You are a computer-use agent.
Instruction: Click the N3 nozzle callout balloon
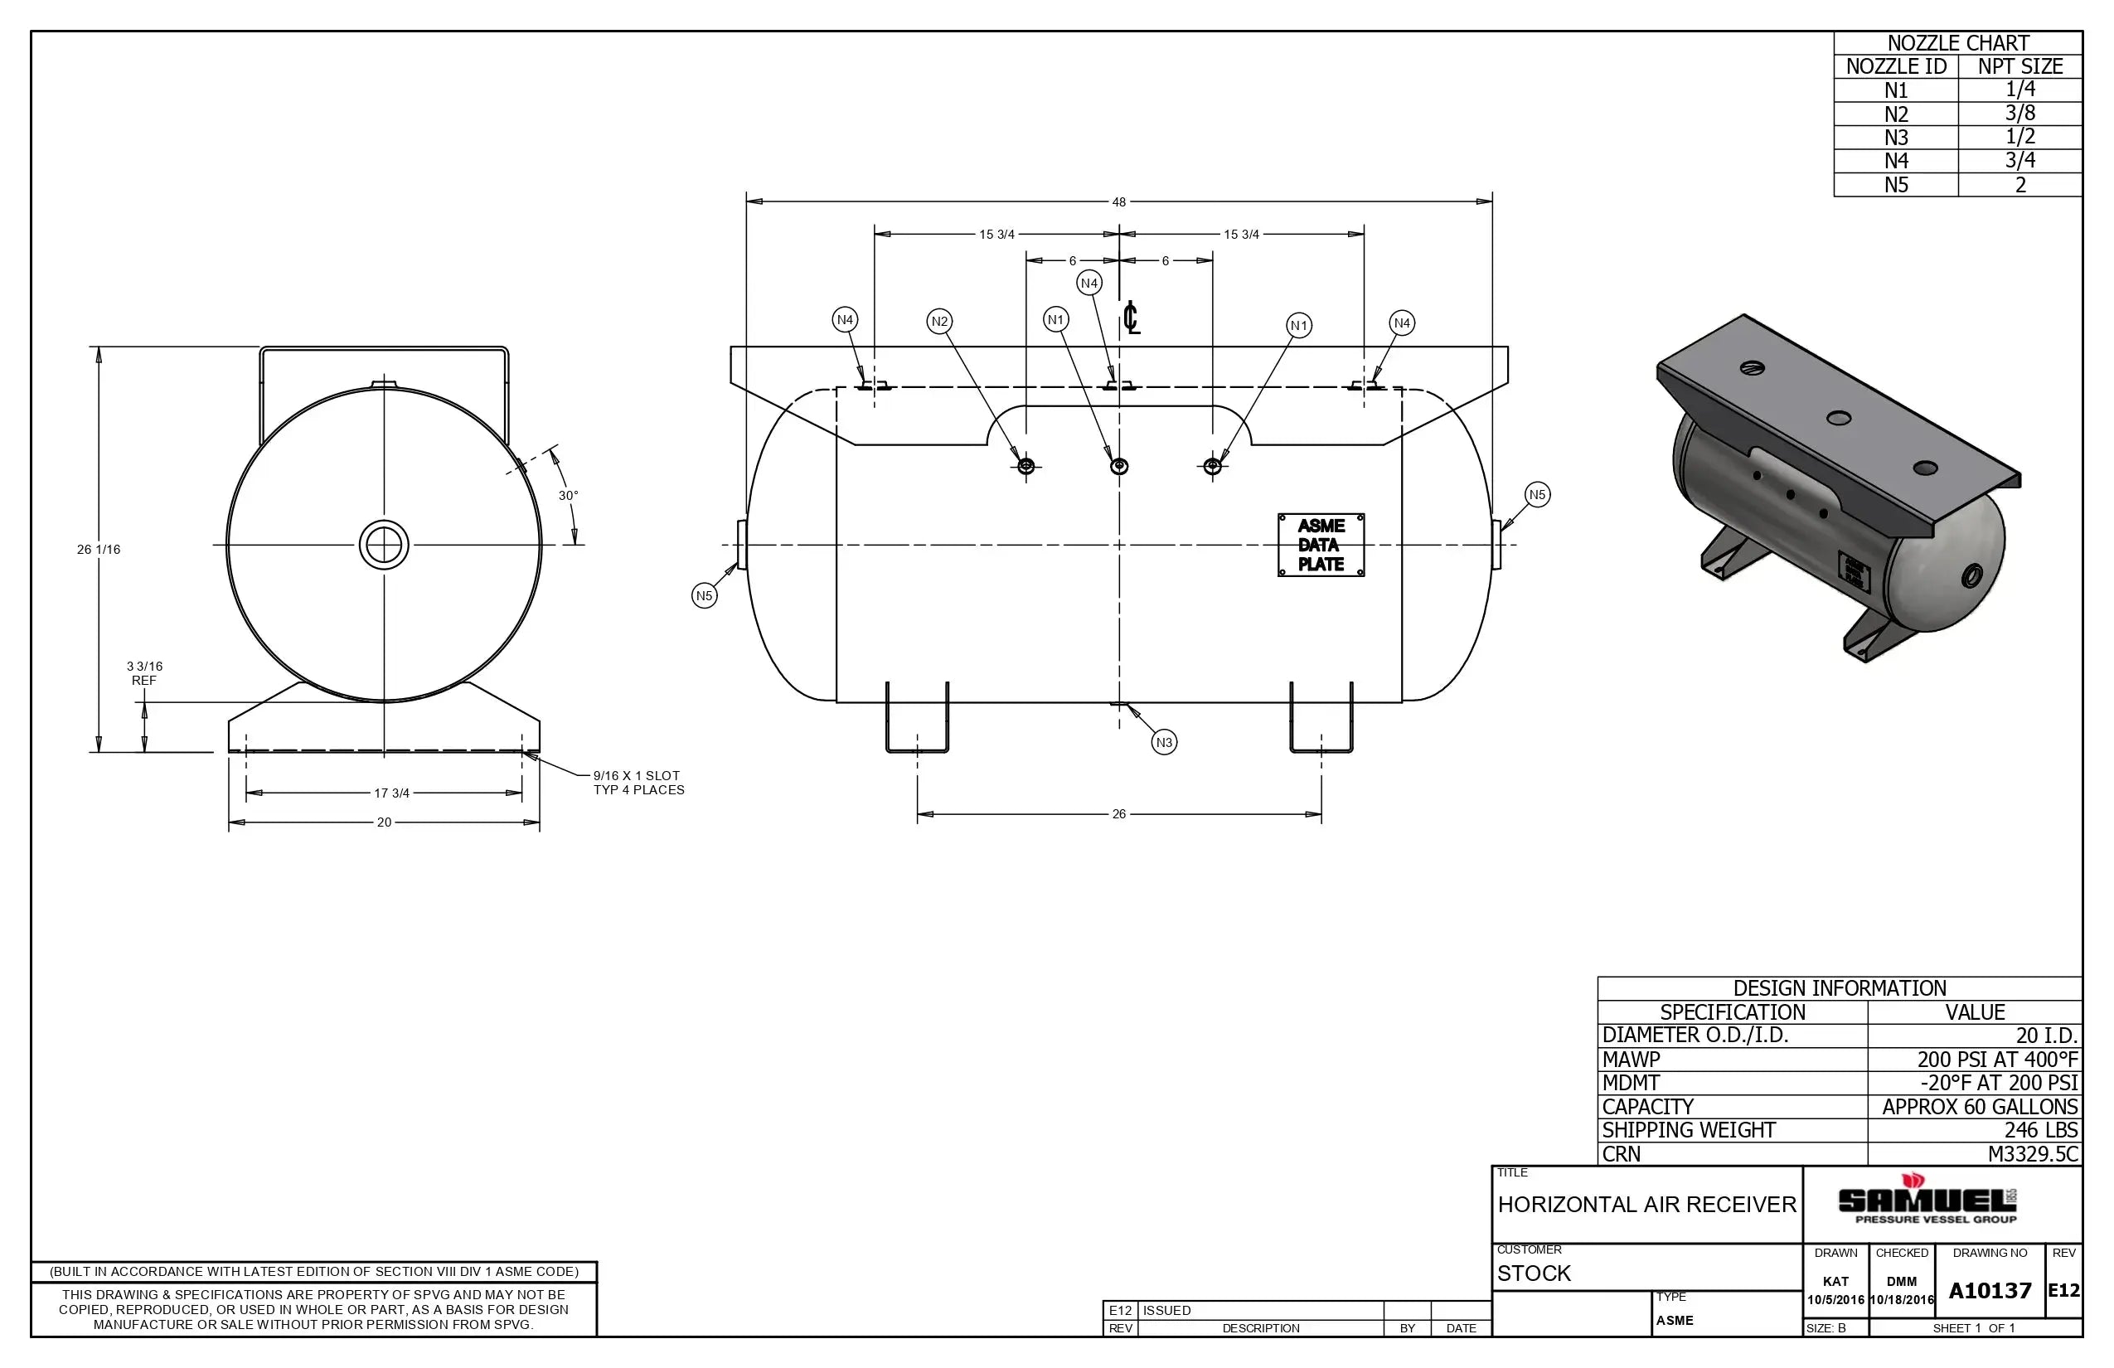tap(1164, 743)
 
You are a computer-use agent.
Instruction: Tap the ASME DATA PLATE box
tap(1321, 546)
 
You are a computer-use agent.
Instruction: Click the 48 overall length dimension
tap(1118, 202)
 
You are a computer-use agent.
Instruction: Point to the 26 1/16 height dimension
tap(99, 550)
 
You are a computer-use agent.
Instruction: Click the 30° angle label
tap(568, 496)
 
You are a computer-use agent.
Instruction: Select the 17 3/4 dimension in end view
tap(390, 793)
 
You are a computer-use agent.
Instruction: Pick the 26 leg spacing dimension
tap(1118, 814)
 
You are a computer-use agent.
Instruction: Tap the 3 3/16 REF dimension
tap(144, 673)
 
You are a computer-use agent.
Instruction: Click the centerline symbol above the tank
tap(1131, 318)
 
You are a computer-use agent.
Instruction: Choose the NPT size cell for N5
tap(2019, 185)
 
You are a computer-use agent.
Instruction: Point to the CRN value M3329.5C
tap(2032, 1154)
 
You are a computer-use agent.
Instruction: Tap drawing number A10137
tap(1990, 1291)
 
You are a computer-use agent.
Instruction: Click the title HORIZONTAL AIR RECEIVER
tap(1646, 1205)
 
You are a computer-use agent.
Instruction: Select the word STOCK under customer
tap(1534, 1273)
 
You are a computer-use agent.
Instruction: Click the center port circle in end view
tap(384, 546)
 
